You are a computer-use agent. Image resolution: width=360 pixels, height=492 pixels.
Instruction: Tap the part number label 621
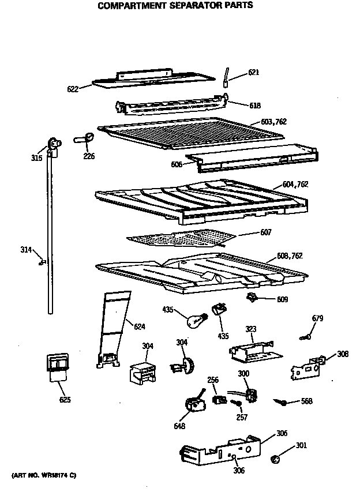253,73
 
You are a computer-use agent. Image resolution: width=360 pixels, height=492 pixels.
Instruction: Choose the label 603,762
273,122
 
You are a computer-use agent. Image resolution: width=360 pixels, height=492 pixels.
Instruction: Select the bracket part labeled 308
306,369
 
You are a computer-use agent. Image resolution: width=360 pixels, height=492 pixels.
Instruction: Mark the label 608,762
290,255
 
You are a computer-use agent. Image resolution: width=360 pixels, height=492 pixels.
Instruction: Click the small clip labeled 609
252,297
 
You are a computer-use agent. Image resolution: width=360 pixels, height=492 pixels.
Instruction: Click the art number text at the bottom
43,475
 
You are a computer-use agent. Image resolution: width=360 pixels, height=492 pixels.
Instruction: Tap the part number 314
26,249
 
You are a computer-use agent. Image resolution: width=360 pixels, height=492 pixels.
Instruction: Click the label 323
250,329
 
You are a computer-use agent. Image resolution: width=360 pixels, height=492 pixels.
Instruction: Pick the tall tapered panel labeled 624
114,329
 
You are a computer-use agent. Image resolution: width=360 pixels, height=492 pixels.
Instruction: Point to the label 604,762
295,184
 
